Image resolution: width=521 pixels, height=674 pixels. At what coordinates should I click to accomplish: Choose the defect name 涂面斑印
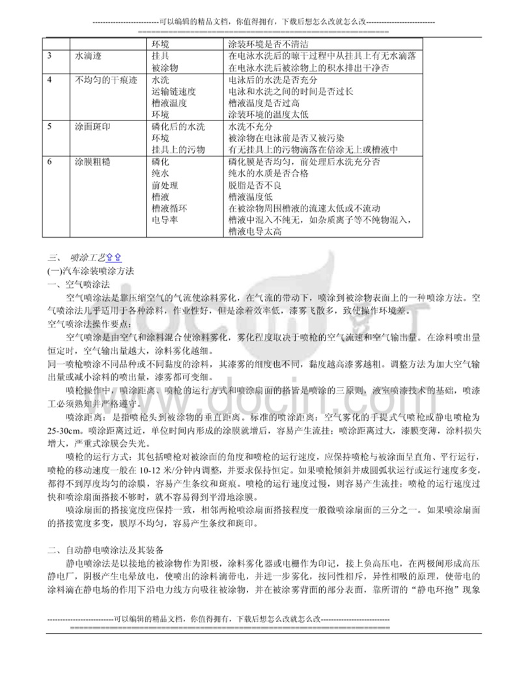pyautogui.click(x=94, y=126)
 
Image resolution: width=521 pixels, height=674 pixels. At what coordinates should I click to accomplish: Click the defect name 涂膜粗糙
pyautogui.click(x=94, y=160)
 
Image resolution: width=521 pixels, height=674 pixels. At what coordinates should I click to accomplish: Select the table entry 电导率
pyautogui.click(x=165, y=219)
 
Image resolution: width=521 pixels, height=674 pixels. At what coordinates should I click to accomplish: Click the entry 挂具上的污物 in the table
pyautogui.click(x=178, y=149)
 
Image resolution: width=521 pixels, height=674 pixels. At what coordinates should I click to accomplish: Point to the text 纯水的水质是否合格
pyautogui.click(x=269, y=173)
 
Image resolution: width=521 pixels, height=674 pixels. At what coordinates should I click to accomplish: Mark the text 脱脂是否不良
pyautogui.click(x=256, y=184)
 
